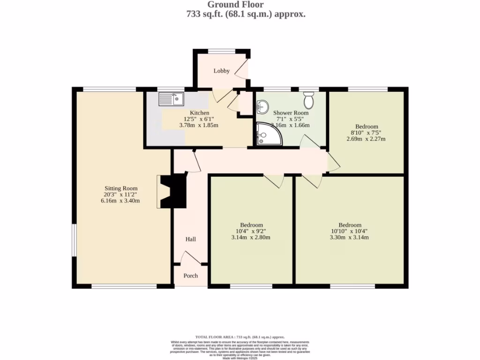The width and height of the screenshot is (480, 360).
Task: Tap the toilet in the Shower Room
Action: click(x=308, y=100)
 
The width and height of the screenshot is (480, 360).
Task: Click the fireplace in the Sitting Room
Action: click(x=173, y=191)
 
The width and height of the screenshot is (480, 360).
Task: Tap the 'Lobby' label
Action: click(x=222, y=71)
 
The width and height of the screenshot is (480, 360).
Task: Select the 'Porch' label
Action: click(x=190, y=276)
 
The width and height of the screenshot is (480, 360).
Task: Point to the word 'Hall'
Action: click(x=190, y=239)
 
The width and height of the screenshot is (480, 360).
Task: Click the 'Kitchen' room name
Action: click(x=199, y=113)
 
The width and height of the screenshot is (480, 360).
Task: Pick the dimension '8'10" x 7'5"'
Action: click(x=366, y=133)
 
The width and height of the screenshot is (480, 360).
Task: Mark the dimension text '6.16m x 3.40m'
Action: click(x=120, y=201)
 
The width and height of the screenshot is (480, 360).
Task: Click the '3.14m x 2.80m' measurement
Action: click(x=251, y=237)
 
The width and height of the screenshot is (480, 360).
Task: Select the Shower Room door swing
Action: click(x=307, y=142)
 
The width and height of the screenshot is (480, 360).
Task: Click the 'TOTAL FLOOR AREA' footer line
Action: click(x=240, y=337)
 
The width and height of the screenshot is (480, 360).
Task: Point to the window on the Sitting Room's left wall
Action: click(x=74, y=240)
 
